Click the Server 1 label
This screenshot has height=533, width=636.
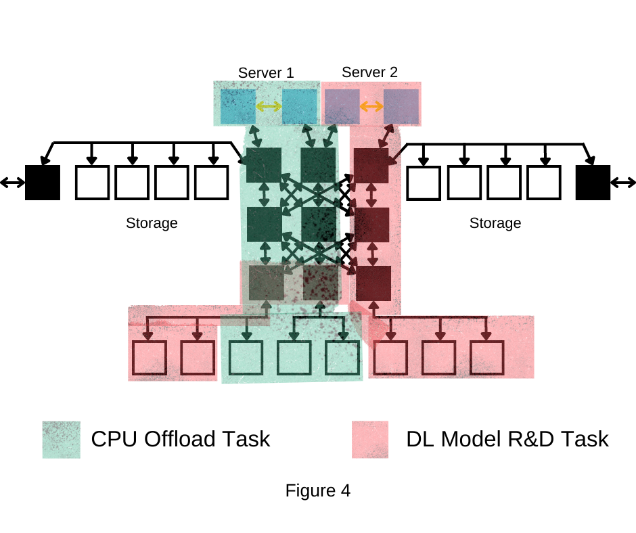(266, 72)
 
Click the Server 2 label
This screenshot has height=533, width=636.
(369, 72)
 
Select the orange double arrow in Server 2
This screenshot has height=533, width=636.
(371, 106)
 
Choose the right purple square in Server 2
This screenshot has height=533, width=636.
(401, 106)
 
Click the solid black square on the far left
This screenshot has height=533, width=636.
(43, 182)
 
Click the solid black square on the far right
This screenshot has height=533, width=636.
(593, 182)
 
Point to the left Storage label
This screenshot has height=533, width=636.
(152, 223)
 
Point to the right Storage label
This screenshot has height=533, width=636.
(495, 223)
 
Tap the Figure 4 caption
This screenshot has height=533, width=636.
(317, 490)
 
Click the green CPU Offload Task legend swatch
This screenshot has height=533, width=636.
(61, 440)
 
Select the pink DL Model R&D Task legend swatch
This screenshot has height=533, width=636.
(370, 440)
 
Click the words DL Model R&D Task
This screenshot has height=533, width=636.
(507, 439)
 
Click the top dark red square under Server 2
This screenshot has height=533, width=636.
(371, 166)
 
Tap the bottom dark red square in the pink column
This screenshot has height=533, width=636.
(373, 283)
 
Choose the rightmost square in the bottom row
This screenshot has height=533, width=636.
(487, 358)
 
